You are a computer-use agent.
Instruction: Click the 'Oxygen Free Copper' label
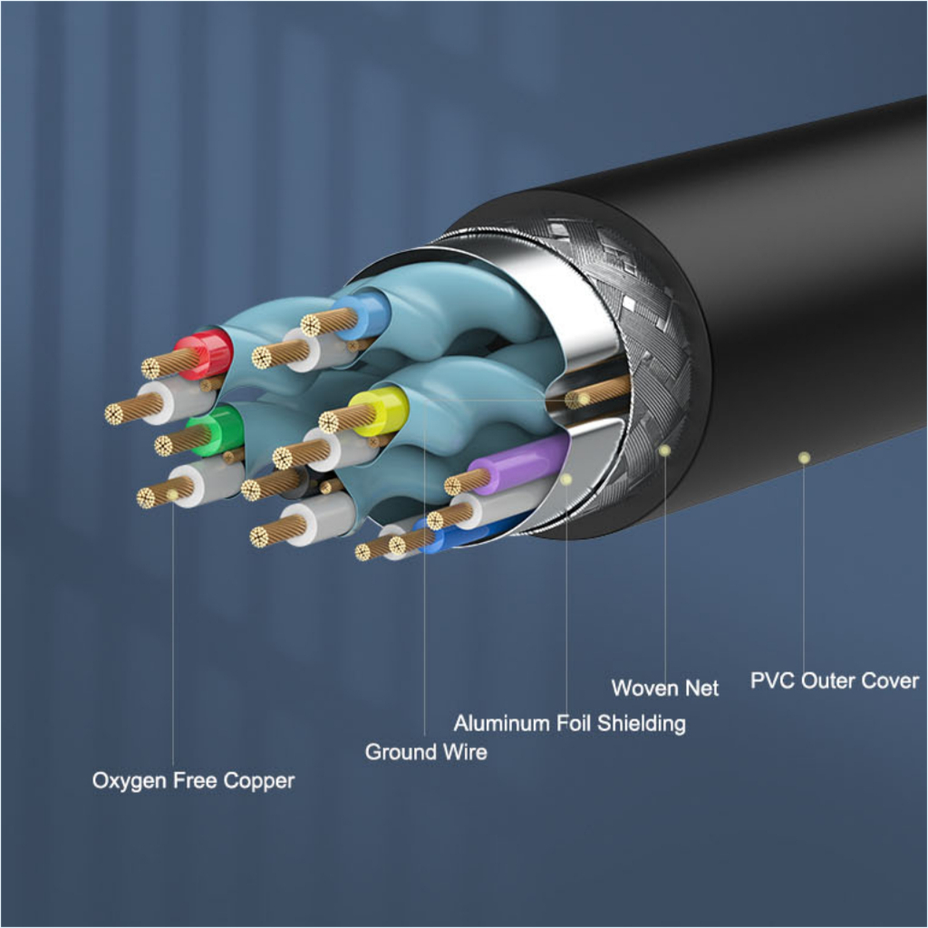(193, 780)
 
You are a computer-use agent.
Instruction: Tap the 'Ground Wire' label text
(426, 751)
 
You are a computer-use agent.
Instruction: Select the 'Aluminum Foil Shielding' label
(569, 722)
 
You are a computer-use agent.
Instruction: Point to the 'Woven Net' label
(665, 688)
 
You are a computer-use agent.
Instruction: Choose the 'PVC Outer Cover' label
(835, 681)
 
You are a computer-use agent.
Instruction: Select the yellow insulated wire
(380, 409)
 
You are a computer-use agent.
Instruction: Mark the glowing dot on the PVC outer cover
(804, 458)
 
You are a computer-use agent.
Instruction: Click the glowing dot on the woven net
(664, 450)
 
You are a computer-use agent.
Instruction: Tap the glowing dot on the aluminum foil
(566, 479)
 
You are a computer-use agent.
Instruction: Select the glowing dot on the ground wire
(584, 400)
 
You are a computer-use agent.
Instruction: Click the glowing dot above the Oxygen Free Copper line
(172, 495)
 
